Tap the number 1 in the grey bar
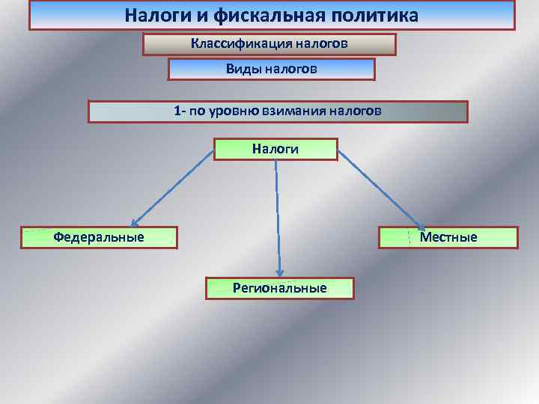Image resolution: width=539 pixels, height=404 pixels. pos(177,111)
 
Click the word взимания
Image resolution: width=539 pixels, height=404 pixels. pos(294,111)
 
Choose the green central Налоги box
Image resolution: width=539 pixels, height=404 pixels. pos(275,149)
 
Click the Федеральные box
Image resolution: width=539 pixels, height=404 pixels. pos(99,237)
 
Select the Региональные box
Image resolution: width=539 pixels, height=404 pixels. pos(279,288)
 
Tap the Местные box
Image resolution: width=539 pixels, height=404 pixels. pos(448,237)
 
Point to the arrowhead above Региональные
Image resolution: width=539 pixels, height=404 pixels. pos(279,272)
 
